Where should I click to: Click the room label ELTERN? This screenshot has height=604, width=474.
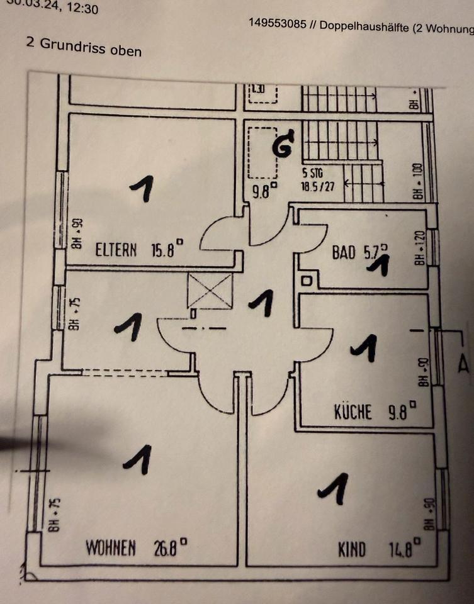[x=116, y=250]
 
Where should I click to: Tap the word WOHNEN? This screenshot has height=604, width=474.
[x=111, y=548]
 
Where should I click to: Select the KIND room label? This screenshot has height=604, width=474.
[x=351, y=550]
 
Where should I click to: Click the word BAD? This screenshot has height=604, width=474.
[x=344, y=253]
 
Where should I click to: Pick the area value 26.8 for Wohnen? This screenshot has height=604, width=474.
[x=169, y=547]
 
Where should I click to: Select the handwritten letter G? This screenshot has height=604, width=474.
[x=284, y=144]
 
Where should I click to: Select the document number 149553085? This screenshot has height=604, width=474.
[x=278, y=23]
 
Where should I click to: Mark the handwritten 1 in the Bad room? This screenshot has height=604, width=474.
[x=378, y=266]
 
